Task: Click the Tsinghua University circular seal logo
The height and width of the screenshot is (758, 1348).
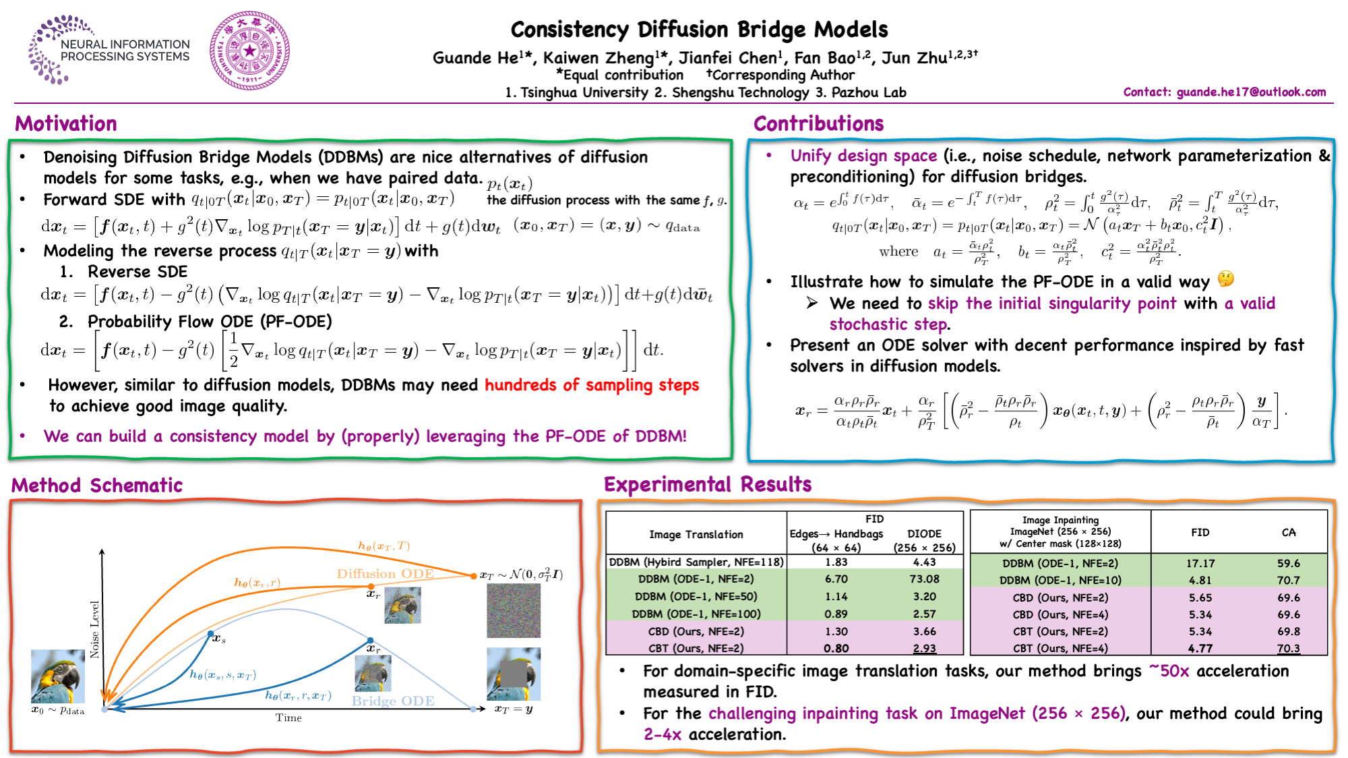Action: point(249,51)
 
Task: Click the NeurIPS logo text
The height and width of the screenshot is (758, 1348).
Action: point(125,51)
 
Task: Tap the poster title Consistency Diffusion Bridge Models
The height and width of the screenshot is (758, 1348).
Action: point(699,30)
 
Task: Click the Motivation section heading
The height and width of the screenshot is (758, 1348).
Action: point(66,124)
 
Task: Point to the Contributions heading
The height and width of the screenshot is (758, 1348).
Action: point(818,124)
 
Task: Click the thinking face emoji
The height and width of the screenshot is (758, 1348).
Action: point(1225,279)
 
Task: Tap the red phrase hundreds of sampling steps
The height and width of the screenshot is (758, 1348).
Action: point(591,385)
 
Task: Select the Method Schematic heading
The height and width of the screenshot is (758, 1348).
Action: point(97,486)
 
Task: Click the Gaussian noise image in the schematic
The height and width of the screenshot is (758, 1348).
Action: point(514,611)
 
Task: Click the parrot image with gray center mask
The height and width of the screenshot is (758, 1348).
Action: point(514,674)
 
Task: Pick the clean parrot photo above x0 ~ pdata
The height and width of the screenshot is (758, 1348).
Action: point(58,676)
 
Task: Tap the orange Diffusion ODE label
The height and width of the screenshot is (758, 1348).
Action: point(385,574)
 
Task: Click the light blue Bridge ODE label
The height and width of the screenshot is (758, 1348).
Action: point(392,701)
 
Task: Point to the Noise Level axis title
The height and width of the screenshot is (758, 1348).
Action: point(95,629)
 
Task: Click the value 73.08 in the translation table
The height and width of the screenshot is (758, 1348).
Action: point(924,579)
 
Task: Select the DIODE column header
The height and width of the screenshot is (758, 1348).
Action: point(924,533)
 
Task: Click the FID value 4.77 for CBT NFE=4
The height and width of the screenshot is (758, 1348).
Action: point(1200,649)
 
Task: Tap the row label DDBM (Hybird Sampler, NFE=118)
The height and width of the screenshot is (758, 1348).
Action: point(696,562)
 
